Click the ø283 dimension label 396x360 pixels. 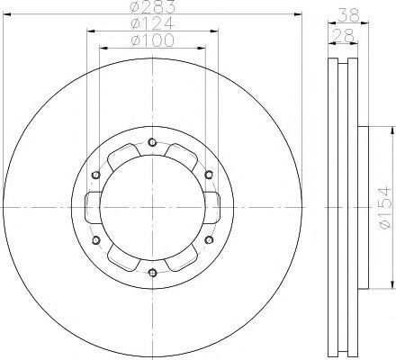(152, 7)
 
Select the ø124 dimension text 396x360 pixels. (152, 23)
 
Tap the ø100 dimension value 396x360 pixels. (152, 40)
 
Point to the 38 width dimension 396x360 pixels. (348, 14)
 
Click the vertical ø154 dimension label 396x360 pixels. (384, 208)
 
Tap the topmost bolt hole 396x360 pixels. (152, 142)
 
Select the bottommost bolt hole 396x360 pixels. (153, 273)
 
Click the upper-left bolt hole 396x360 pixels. (96, 175)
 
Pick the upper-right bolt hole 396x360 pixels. (209, 175)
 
